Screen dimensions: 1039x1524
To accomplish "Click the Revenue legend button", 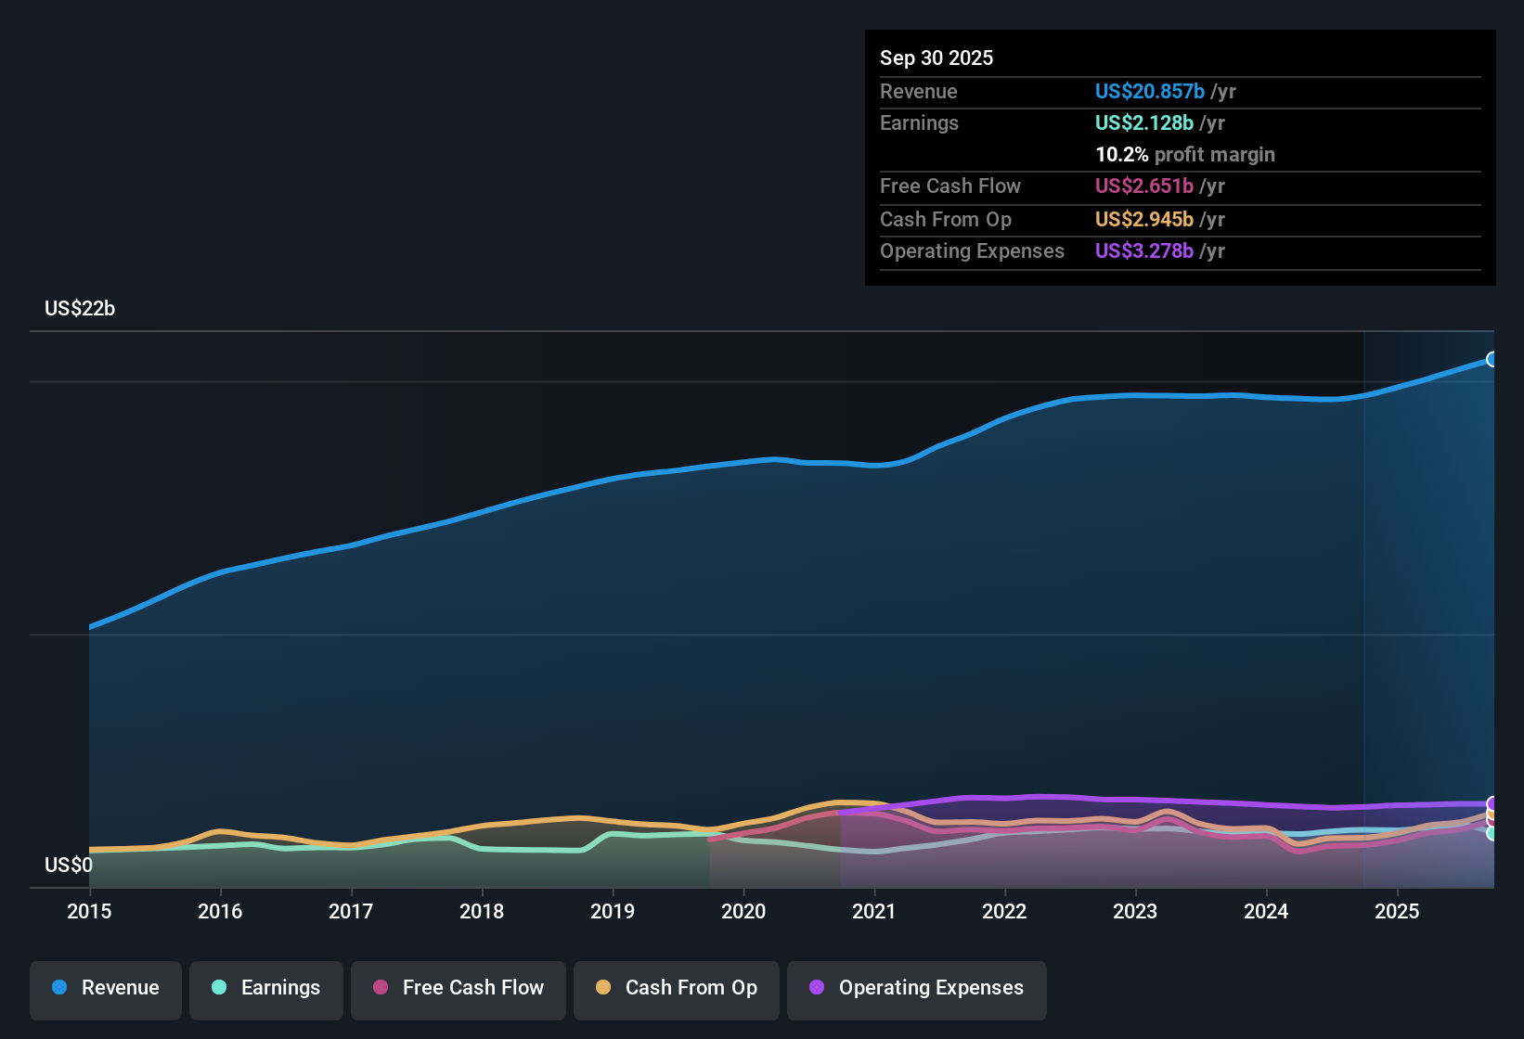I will coord(106,988).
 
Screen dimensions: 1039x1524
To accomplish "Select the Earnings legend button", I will coord(266,988).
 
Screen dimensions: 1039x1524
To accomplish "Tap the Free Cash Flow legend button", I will coord(458,988).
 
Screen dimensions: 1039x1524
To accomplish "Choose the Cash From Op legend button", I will coord(677,988).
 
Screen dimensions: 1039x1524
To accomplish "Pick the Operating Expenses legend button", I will coord(917,988).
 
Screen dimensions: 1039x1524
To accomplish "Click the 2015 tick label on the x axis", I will coord(89,911).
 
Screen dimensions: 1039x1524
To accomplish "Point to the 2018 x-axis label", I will coord(482,911).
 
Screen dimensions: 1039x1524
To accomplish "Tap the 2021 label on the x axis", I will coord(874,911).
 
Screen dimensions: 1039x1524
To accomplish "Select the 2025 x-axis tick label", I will coord(1397,911).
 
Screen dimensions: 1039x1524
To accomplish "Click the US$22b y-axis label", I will coord(80,309).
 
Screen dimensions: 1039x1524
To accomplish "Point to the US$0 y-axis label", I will coord(69,866).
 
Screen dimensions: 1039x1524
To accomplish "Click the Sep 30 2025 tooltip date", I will coord(936,58).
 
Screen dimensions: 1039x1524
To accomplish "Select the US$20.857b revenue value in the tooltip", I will coord(1149,91).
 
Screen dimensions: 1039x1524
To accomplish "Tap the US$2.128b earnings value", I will coord(1143,122).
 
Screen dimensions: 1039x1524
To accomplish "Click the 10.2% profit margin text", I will coord(1184,154).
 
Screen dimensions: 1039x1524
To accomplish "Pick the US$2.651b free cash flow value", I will coord(1143,186).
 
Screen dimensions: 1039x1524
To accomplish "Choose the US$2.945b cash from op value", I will coord(1143,219).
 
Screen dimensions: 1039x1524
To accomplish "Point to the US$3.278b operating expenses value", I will coord(1143,250).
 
